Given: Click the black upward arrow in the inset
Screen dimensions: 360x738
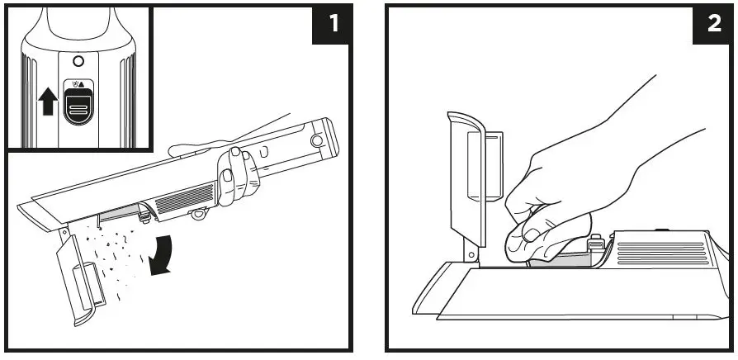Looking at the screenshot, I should pos(47,102).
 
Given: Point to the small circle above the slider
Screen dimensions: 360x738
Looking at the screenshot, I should pos(78,62).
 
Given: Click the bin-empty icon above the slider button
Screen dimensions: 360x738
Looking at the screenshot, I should pos(78,83).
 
